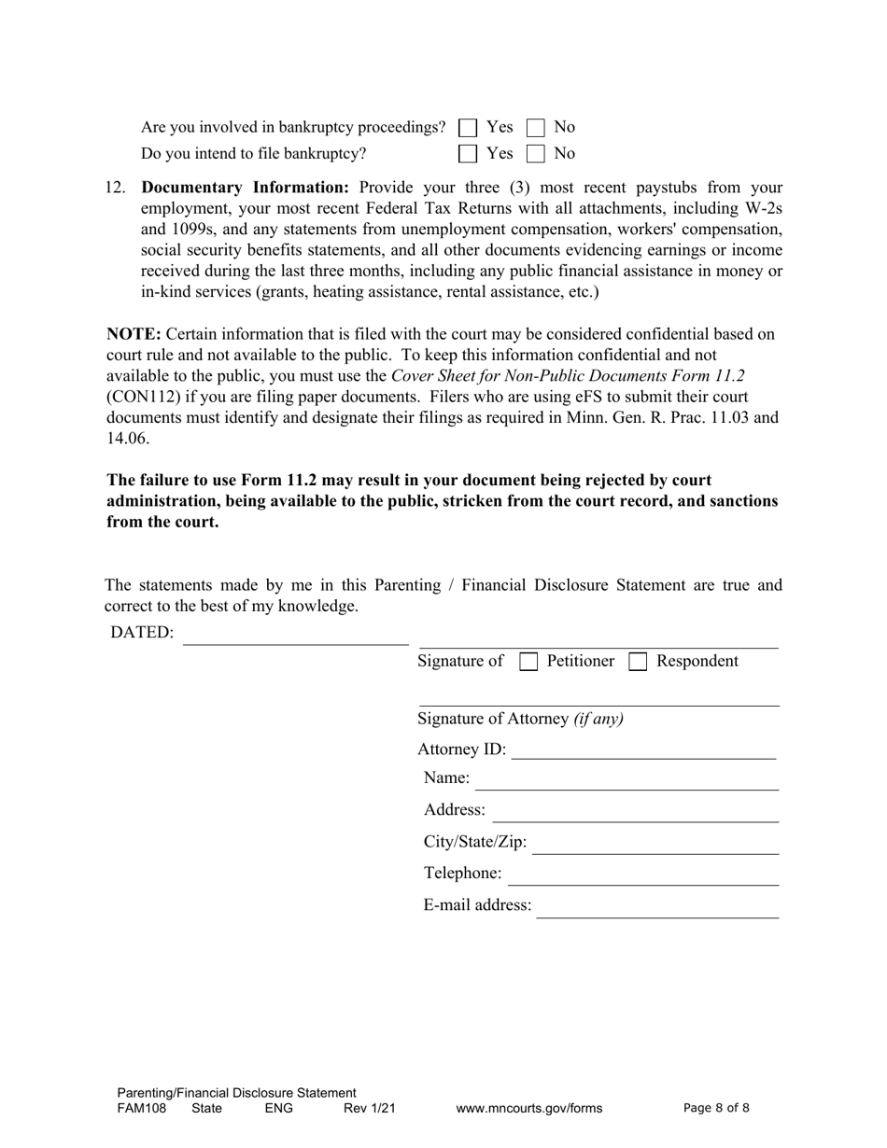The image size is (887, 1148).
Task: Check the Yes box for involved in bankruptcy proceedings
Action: pyautogui.click(x=469, y=127)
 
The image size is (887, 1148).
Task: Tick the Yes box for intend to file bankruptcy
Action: pyautogui.click(x=469, y=153)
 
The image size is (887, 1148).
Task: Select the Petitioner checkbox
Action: pyautogui.click(x=528, y=662)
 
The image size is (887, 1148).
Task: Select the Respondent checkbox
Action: pyautogui.click(x=639, y=662)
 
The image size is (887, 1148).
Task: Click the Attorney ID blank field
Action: pyautogui.click(x=643, y=750)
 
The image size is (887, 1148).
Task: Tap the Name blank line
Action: pyautogui.click(x=627, y=780)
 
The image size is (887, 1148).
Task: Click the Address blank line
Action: pyautogui.click(x=635, y=812)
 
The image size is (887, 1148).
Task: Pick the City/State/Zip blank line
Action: pyautogui.click(x=655, y=844)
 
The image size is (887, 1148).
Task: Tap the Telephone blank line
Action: pyautogui.click(x=643, y=875)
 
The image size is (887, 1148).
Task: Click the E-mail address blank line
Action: pyautogui.click(x=657, y=907)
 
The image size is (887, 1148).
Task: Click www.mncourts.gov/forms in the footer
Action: pyautogui.click(x=529, y=1109)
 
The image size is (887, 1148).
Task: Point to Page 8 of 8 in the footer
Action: pyautogui.click(x=716, y=1109)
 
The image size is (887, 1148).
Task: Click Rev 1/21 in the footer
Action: pyautogui.click(x=370, y=1109)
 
